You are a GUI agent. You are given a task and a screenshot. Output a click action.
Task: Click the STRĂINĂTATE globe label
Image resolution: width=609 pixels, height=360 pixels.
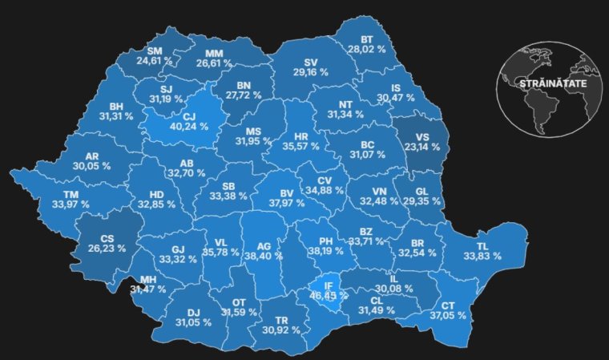coord(552,83)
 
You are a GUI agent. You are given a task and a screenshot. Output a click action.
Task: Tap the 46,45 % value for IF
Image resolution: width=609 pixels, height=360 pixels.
coord(329,296)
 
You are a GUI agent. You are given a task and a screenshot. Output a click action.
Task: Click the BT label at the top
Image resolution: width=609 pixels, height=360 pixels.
coord(367,38)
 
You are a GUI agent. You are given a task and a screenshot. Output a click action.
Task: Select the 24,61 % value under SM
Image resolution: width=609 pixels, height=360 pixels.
coord(154,61)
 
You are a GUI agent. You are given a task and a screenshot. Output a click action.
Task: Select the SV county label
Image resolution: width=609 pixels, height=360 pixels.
coord(311,62)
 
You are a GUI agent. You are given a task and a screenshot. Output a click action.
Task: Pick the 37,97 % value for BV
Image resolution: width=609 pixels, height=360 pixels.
coord(286,204)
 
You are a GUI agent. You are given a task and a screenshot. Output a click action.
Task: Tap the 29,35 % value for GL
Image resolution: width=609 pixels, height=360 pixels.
coord(421,204)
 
